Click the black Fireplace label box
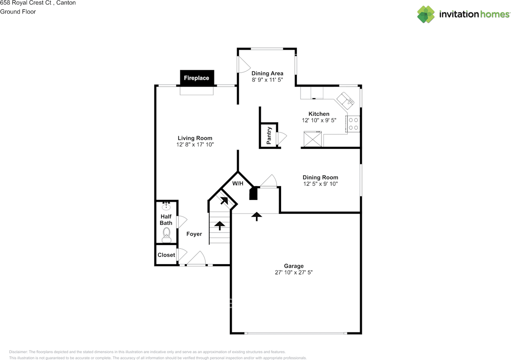pyautogui.click(x=197, y=78)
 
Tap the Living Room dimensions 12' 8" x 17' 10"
pyautogui.click(x=195, y=144)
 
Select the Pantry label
pyautogui.click(x=269, y=136)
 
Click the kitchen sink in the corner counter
pyautogui.click(x=345, y=101)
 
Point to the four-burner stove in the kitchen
pyautogui.click(x=353, y=124)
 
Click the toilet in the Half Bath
pyautogui.click(x=166, y=235)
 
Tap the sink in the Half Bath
pyautogui.click(x=166, y=206)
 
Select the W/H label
pyautogui.click(x=238, y=184)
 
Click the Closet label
pyautogui.click(x=166, y=255)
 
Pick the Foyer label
pyautogui.click(x=194, y=234)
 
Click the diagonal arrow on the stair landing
pyautogui.click(x=224, y=201)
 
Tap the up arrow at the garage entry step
pyautogui.click(x=257, y=216)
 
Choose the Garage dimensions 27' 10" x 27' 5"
pyautogui.click(x=294, y=273)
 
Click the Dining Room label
pyautogui.click(x=320, y=178)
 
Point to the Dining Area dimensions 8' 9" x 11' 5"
pyautogui.click(x=267, y=80)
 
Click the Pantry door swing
pyautogui.click(x=281, y=138)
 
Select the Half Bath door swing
pyautogui.click(x=182, y=222)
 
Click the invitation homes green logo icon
pyautogui.click(x=426, y=14)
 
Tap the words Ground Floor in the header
pyautogui.click(x=18, y=12)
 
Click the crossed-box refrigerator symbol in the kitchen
pyautogui.click(x=313, y=139)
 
